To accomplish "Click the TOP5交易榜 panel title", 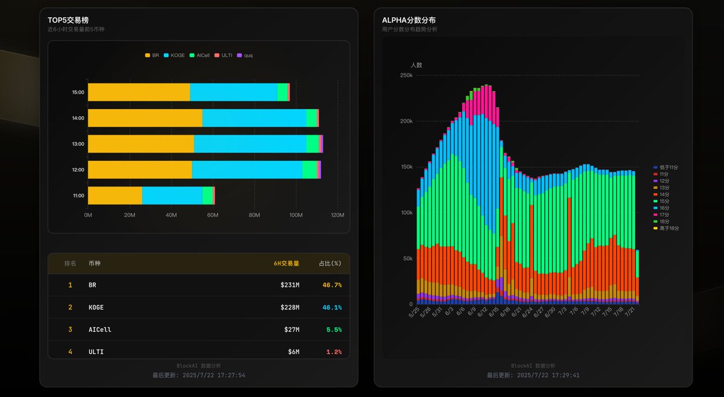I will point(68,20).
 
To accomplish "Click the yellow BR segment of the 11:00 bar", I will point(115,195).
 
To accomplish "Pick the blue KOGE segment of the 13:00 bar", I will point(250,144).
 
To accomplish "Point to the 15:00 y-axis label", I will point(78,93).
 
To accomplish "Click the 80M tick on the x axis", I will point(254,215).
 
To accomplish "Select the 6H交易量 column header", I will point(286,263).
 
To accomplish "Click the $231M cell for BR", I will point(290,285).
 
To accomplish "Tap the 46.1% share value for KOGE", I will point(332,307).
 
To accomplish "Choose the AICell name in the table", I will point(100,329).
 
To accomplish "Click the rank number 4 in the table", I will point(70,352).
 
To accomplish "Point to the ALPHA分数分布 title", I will point(408,20).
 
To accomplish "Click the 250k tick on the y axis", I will point(405,75).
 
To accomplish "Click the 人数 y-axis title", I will point(416,65).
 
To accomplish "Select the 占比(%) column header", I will point(329,263).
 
